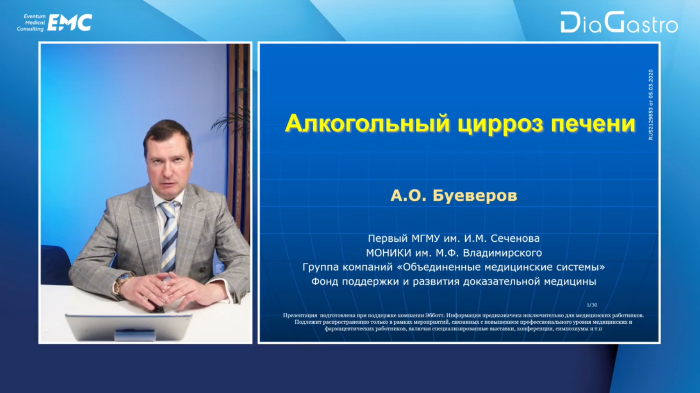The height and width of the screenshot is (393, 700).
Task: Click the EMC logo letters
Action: (x=69, y=22)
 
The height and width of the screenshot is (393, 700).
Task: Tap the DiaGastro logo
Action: (x=619, y=22)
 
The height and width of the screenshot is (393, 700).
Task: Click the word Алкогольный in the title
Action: (x=367, y=124)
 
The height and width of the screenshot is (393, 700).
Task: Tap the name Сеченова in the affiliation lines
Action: (x=515, y=238)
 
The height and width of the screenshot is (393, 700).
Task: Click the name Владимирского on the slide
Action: (x=502, y=253)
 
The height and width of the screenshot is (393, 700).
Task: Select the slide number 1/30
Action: (x=592, y=305)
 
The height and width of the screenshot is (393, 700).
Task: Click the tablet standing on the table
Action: (x=128, y=327)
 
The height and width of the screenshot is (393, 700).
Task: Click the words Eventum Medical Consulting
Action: (x=31, y=22)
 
